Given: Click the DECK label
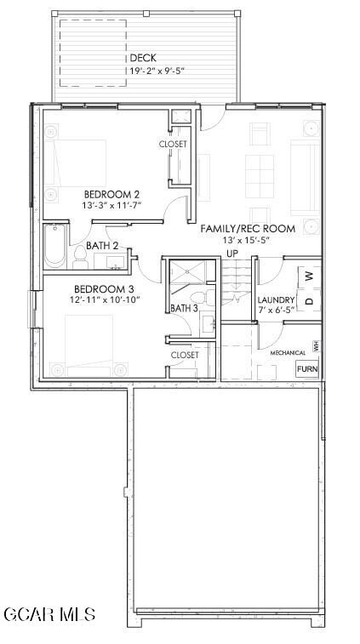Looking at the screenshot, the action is [x=143, y=58].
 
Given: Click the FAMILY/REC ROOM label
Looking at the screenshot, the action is [x=248, y=229].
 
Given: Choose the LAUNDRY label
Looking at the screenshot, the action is [x=276, y=300].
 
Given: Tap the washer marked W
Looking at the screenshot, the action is [x=310, y=276].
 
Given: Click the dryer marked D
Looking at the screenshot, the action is [x=310, y=300].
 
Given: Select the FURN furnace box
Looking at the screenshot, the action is [x=307, y=369].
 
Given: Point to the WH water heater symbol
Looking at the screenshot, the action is [x=316, y=346].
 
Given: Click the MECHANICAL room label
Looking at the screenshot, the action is [x=288, y=353].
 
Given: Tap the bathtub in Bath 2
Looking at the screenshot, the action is [x=54, y=246].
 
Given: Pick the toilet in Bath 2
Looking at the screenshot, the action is [x=80, y=258].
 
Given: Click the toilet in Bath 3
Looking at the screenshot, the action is [x=203, y=297].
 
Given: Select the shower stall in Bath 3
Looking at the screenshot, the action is [x=188, y=271].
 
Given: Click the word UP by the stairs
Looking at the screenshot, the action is [x=232, y=254].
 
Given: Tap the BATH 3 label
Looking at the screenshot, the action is [x=184, y=308].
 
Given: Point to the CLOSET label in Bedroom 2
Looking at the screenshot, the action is [x=173, y=144].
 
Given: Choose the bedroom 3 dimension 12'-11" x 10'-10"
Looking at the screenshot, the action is [x=105, y=300].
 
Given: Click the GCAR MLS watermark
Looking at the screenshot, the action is [x=49, y=614].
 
